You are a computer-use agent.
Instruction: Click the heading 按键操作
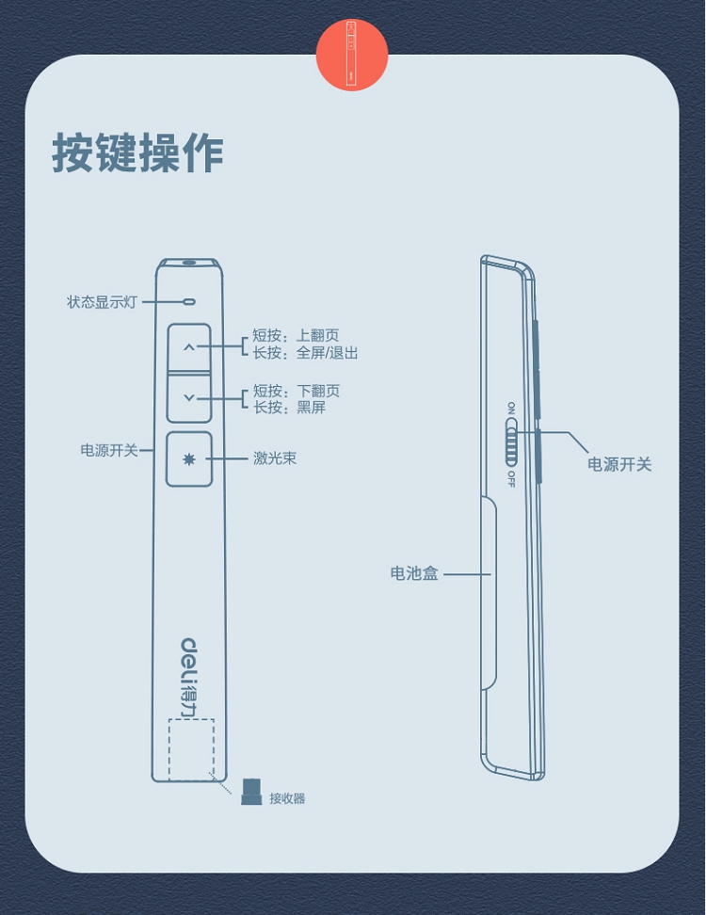point(137,152)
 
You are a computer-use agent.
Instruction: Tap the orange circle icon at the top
point(352,55)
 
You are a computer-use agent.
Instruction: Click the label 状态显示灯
point(102,302)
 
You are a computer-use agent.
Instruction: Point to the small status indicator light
point(189,302)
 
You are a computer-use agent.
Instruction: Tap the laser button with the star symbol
point(189,459)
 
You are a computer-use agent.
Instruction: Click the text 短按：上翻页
point(296,336)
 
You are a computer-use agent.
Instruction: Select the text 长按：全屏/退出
point(305,353)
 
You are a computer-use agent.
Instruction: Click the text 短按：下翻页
point(296,391)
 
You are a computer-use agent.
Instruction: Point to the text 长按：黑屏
point(289,408)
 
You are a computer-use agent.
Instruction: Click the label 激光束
point(275,459)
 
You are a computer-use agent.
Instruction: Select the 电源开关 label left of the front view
point(109,450)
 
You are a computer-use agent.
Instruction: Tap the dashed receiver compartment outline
point(191,749)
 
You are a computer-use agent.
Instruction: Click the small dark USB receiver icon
point(250,793)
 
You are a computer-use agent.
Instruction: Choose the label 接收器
point(287,798)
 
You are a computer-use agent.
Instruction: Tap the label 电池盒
point(414,573)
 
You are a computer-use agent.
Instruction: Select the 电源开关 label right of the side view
point(619,464)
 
